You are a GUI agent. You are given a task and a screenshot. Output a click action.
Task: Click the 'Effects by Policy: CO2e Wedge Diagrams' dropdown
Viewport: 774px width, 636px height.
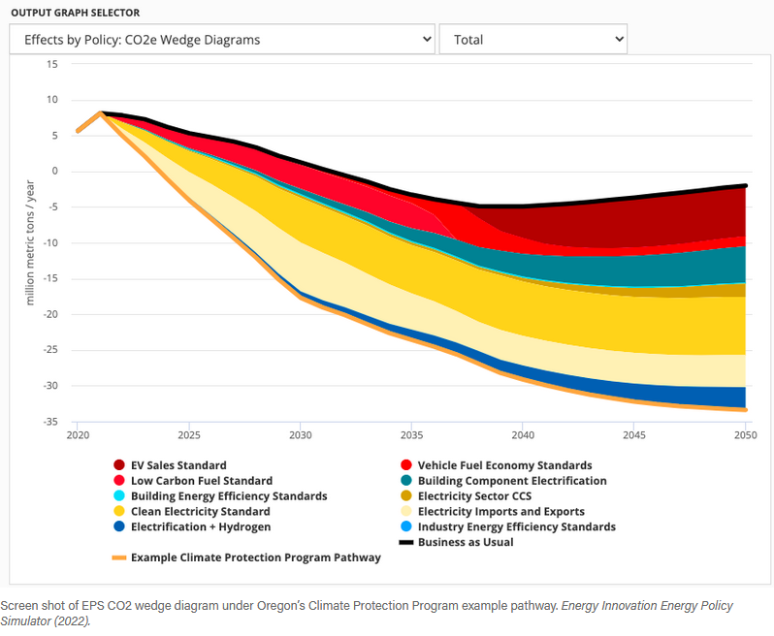pos(222,40)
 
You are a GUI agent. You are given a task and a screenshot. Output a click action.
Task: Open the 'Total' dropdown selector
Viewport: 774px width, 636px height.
pos(532,40)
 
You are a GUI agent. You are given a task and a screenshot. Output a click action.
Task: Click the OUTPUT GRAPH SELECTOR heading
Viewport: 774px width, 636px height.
pos(75,13)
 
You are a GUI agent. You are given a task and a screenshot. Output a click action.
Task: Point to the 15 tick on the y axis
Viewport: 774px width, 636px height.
pos(52,64)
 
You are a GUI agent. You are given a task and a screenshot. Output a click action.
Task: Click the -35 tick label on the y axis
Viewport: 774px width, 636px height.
pos(48,422)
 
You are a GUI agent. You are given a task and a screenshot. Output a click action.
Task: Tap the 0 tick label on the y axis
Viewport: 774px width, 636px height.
pos(55,172)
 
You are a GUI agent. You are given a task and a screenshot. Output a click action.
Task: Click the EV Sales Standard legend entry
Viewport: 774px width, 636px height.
pos(177,465)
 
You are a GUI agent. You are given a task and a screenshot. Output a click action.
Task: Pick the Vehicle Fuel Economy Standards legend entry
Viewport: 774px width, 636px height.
pos(504,465)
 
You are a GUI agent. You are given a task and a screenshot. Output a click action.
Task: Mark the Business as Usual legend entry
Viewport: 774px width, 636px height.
pos(465,542)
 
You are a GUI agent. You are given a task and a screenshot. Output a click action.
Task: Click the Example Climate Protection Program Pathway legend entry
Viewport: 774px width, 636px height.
pos(255,557)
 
